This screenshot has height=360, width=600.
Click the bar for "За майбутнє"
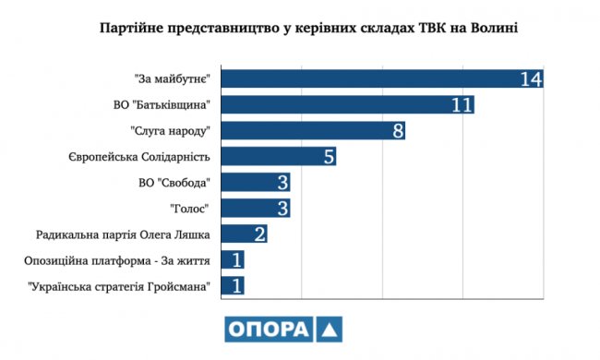coord(369,78)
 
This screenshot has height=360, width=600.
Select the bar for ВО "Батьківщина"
coord(342,104)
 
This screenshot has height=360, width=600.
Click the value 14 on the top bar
coord(530,78)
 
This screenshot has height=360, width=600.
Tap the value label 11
coord(462,104)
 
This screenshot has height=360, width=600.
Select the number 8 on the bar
coord(398,130)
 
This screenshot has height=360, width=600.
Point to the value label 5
coord(329,156)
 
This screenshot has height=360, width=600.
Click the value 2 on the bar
coord(259,234)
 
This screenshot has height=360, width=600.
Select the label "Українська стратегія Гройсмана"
coord(121,285)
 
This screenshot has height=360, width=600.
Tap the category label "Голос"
coord(192,208)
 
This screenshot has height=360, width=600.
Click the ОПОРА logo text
coord(267,330)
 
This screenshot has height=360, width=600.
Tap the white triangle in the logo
coord(330,330)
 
